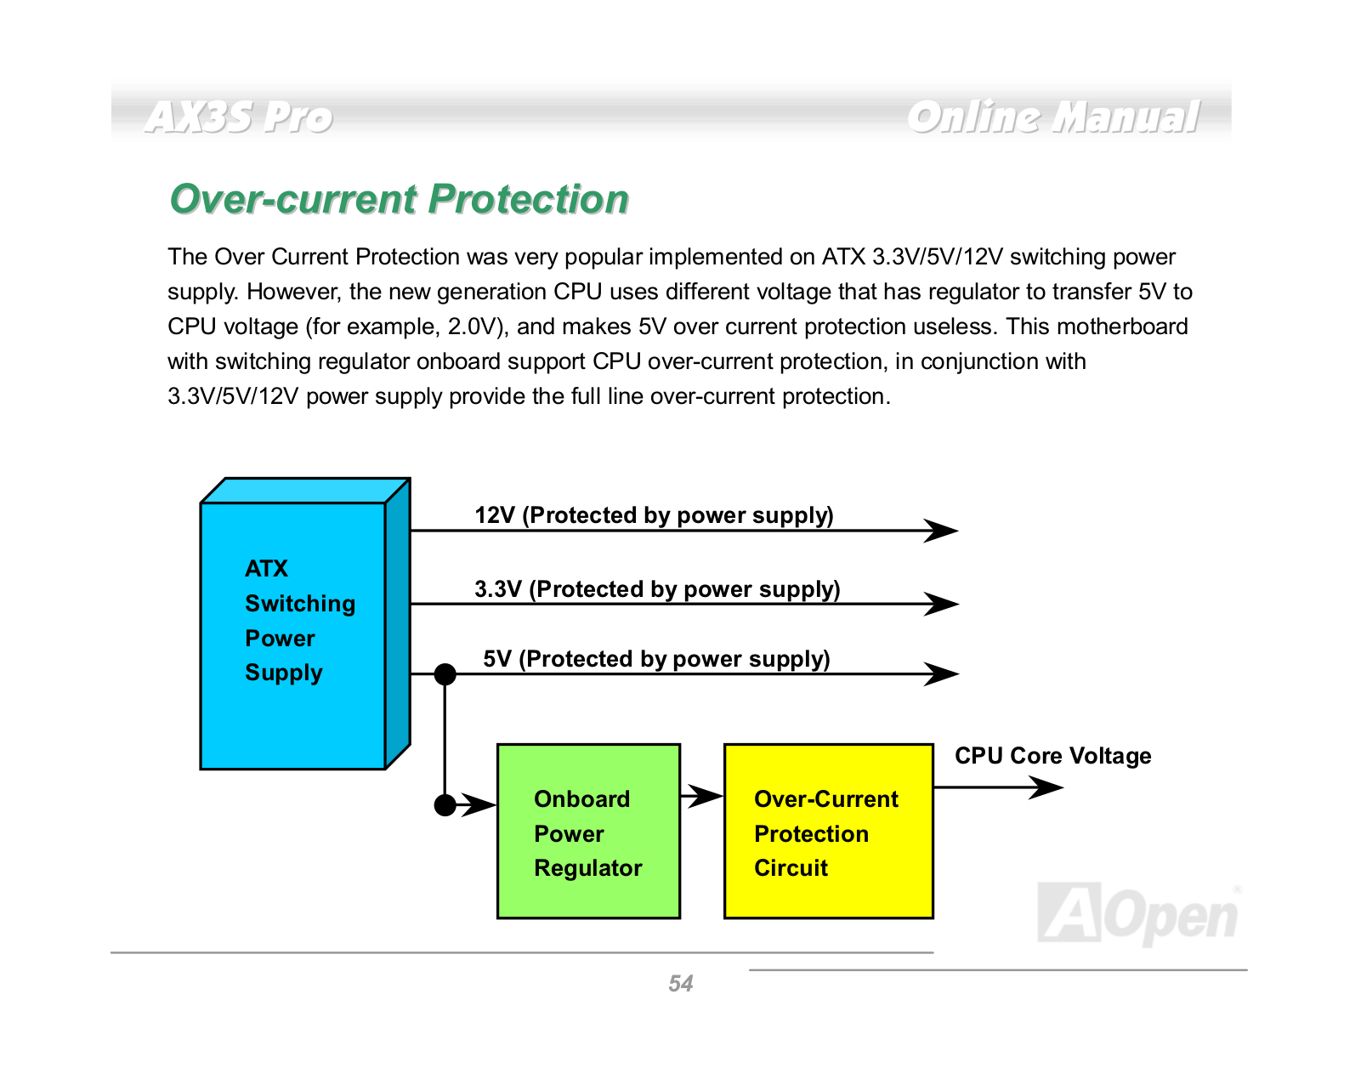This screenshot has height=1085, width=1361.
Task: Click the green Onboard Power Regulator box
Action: [x=588, y=831]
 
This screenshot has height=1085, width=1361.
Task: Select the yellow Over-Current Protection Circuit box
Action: [x=829, y=831]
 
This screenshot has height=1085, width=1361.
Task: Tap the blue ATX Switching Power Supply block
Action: [x=305, y=623]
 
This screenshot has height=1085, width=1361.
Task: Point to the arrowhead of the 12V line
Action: [x=940, y=530]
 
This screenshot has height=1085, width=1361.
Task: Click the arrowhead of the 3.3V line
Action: [x=940, y=604]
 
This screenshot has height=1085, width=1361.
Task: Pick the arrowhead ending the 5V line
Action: [x=940, y=673]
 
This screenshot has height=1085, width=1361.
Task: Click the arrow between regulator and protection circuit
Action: [x=702, y=796]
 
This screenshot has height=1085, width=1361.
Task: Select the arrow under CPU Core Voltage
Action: [x=999, y=787]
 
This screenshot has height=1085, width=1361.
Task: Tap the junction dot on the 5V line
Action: [x=445, y=673]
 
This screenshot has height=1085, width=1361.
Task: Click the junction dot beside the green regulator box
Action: [x=445, y=804]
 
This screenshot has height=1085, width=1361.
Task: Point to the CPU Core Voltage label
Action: [x=1052, y=755]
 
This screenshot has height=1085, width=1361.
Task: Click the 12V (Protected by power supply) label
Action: [x=654, y=515]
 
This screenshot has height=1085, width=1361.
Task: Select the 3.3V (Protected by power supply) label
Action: [x=657, y=589]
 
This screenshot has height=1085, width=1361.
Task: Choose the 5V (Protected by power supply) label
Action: [x=656, y=659]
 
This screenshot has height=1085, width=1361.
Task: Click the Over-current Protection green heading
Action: [x=399, y=199]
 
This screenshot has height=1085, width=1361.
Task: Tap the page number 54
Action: [x=680, y=983]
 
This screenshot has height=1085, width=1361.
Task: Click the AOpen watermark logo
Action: [x=1137, y=913]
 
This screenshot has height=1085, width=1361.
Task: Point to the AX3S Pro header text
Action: [x=238, y=117]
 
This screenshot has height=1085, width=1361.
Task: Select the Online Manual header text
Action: [x=1052, y=117]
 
